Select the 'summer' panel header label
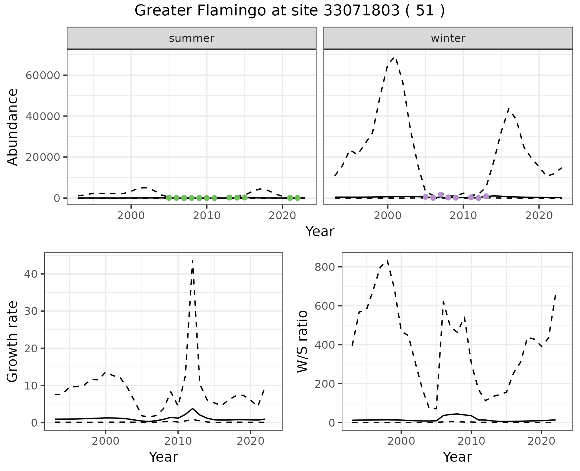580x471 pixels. (x=192, y=38)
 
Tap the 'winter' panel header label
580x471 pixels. (x=448, y=38)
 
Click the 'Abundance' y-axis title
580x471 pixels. (x=13, y=127)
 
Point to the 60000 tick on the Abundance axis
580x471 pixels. (x=43, y=75)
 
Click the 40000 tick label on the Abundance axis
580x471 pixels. (x=43, y=116)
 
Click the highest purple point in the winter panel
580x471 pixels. (x=440, y=195)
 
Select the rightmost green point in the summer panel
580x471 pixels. (x=298, y=198)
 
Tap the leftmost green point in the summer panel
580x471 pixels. (x=169, y=198)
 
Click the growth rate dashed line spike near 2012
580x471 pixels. (x=192, y=260)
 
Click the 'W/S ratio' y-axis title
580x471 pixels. (x=302, y=341)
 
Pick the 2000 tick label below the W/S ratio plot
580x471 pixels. (x=401, y=441)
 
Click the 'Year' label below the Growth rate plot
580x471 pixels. (x=163, y=457)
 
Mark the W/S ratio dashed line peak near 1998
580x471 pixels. (x=387, y=260)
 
